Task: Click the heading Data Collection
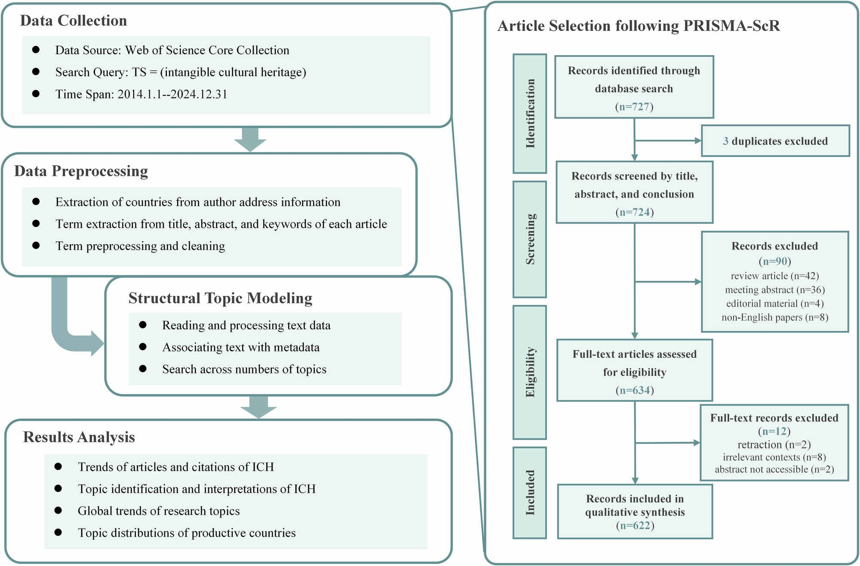click(74, 21)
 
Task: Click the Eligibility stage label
click(530, 372)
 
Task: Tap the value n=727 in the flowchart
click(634, 107)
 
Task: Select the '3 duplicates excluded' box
click(775, 141)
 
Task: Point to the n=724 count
click(634, 212)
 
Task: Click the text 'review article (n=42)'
click(774, 276)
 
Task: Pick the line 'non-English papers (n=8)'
click(774, 317)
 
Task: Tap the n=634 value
click(635, 390)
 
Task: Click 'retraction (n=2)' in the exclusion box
click(774, 444)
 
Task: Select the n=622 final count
click(635, 526)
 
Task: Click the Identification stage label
click(530, 114)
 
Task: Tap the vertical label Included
click(530, 492)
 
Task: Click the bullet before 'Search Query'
click(36, 72)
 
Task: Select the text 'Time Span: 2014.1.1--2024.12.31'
click(141, 94)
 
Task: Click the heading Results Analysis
click(79, 437)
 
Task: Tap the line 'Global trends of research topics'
click(159, 511)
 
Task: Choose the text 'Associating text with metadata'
click(241, 348)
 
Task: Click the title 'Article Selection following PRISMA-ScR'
click(639, 26)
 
